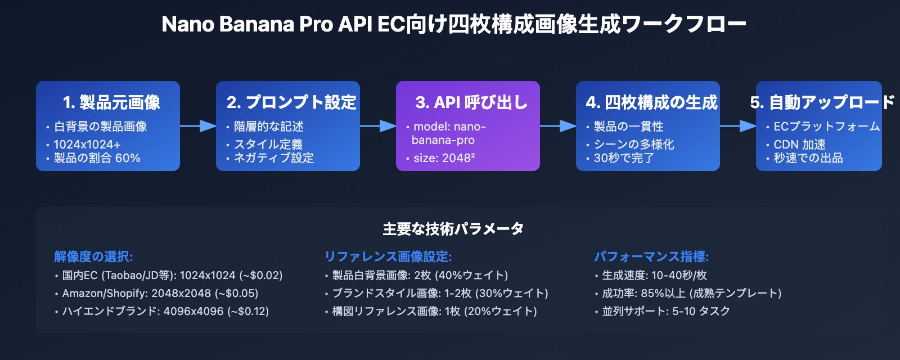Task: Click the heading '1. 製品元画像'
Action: point(111,102)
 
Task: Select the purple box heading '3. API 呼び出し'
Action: point(471,102)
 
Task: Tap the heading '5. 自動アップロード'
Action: point(822,102)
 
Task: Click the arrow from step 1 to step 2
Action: point(198,126)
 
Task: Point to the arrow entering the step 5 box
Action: point(738,126)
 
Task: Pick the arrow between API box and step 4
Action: point(558,126)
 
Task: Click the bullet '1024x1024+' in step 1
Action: point(87,145)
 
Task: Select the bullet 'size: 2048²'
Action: point(444,158)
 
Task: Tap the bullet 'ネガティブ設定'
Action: point(273,158)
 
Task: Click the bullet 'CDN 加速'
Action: point(799,145)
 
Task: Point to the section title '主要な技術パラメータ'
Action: point(453,229)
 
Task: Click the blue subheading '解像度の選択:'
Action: point(93,256)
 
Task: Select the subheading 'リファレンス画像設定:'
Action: point(388,256)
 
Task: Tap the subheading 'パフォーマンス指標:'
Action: point(651,256)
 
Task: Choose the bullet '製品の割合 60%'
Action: point(97,158)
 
